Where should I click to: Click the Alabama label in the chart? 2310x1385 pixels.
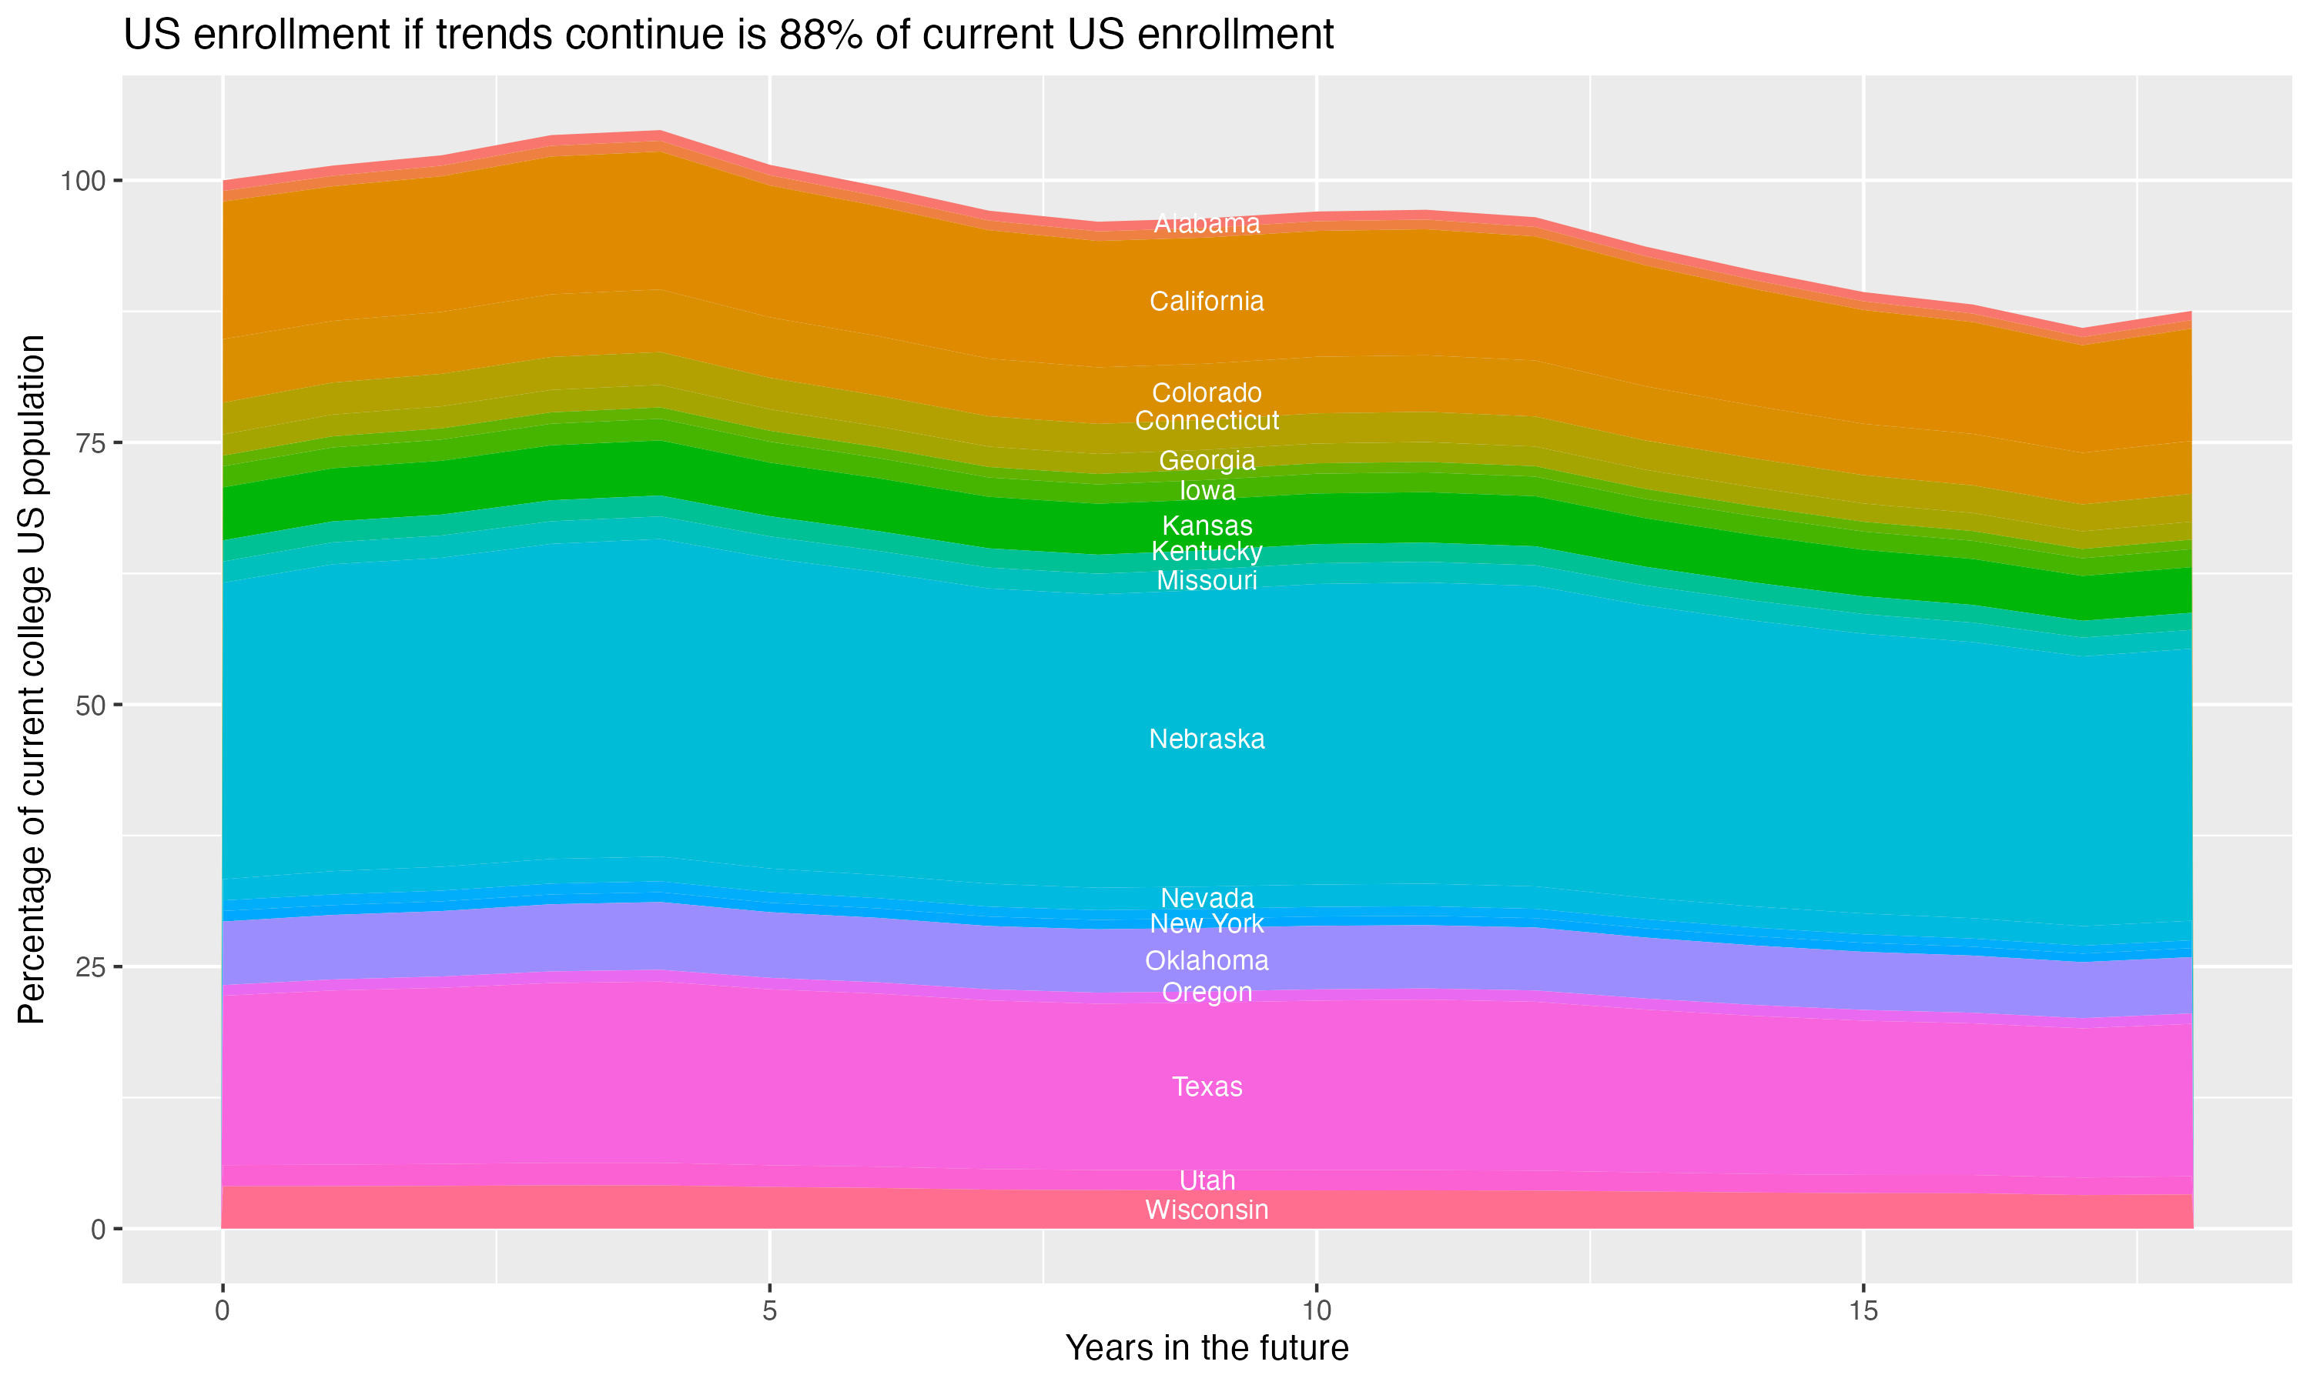(1207, 224)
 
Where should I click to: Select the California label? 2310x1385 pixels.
(1207, 302)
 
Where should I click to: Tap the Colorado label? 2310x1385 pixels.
(1207, 393)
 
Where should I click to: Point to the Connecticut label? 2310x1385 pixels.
(1207, 421)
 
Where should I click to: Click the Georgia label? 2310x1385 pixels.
(1207, 461)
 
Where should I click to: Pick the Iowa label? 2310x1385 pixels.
(1207, 491)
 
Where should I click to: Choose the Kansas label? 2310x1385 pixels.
(1207, 526)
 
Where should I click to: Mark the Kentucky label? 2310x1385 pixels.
(1207, 552)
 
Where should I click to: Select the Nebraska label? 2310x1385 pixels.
(1207, 739)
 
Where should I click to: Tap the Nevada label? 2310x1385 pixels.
(1207, 899)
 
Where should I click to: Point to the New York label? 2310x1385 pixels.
(1207, 924)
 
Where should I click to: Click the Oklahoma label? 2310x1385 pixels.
(1207, 961)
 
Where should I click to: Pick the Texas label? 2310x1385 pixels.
(1207, 1087)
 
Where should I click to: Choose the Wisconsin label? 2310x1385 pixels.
(1207, 1210)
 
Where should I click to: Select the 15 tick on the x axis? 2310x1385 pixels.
(1863, 1311)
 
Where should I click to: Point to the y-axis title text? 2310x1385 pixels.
(32, 679)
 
